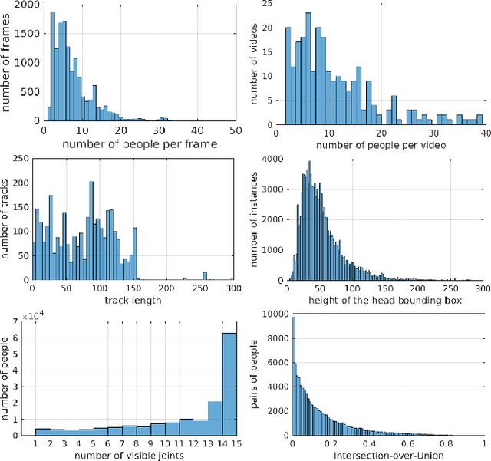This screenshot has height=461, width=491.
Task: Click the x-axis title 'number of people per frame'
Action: [x=140, y=143]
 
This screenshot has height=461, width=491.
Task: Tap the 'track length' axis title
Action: [x=133, y=299]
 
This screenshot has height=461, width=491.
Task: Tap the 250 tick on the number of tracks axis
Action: [x=18, y=160]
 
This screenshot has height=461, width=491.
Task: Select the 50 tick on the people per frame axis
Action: [x=234, y=131]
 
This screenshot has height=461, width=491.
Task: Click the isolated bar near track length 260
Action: [x=205, y=276]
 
